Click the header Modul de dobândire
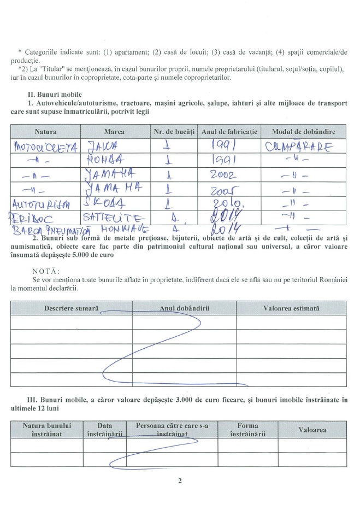[303, 132]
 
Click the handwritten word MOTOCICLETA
[44, 147]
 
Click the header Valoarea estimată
[291, 308]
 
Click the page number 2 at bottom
[179, 481]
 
